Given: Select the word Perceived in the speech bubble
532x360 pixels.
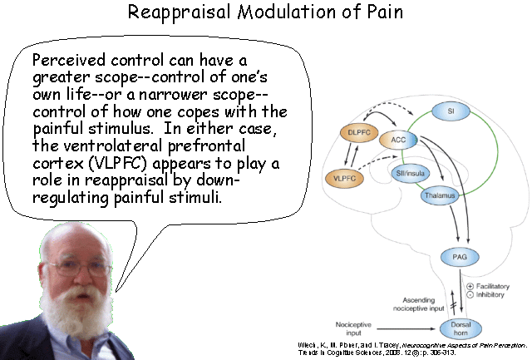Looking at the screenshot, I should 67,62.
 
